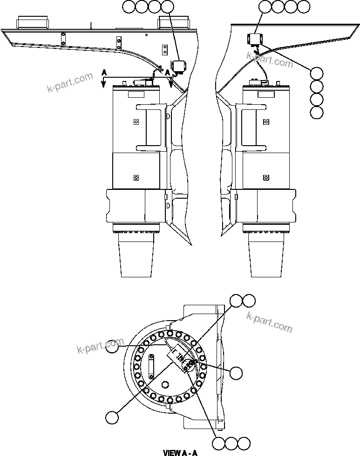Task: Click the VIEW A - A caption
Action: pyautogui.click(x=180, y=452)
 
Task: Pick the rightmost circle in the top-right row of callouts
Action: pyautogui.click(x=303, y=7)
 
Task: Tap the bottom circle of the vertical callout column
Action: pyautogui.click(x=317, y=112)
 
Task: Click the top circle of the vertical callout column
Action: pyautogui.click(x=317, y=73)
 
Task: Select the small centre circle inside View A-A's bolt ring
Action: pyautogui.click(x=165, y=384)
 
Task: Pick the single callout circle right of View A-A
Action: pyautogui.click(x=237, y=372)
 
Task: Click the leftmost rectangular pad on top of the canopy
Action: pyautogui.click(x=32, y=22)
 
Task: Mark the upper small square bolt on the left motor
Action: pyautogui.click(x=136, y=122)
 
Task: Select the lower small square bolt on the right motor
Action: pyautogui.click(x=266, y=177)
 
